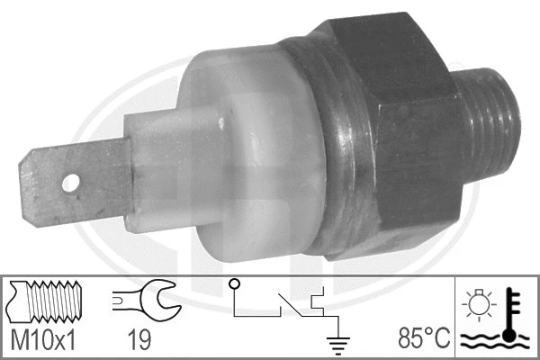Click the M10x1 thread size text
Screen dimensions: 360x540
[43, 341]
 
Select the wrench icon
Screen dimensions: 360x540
[145, 301]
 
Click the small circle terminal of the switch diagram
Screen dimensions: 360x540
[235, 286]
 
